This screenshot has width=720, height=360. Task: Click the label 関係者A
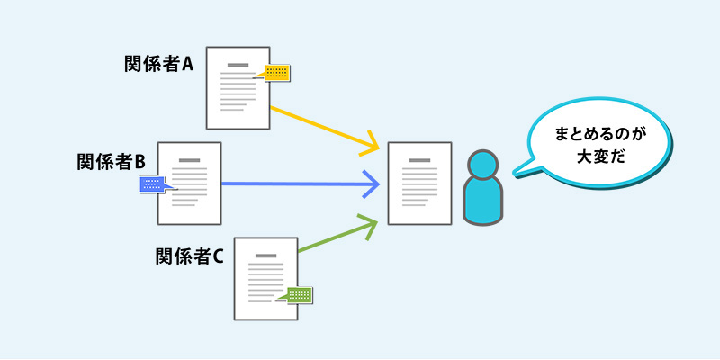coord(159,64)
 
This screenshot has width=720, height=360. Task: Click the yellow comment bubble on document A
coord(277,73)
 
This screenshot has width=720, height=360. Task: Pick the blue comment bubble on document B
coord(154,184)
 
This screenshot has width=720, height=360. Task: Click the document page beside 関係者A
coord(238,87)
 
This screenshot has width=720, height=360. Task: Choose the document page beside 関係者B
coord(190,184)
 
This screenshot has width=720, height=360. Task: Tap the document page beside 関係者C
coord(265,278)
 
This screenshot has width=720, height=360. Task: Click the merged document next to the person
coord(418,184)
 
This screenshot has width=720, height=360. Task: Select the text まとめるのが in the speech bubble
coord(600,133)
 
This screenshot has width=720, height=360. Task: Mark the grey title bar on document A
coord(238,65)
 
